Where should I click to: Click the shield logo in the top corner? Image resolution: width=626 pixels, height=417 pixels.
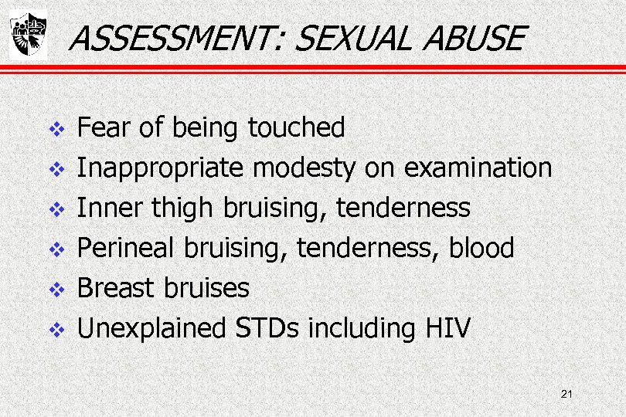28,35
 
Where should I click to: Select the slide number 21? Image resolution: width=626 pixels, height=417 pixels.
566,395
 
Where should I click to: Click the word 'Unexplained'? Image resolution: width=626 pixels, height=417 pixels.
151,328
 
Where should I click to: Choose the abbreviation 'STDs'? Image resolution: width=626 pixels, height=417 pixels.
266,328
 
